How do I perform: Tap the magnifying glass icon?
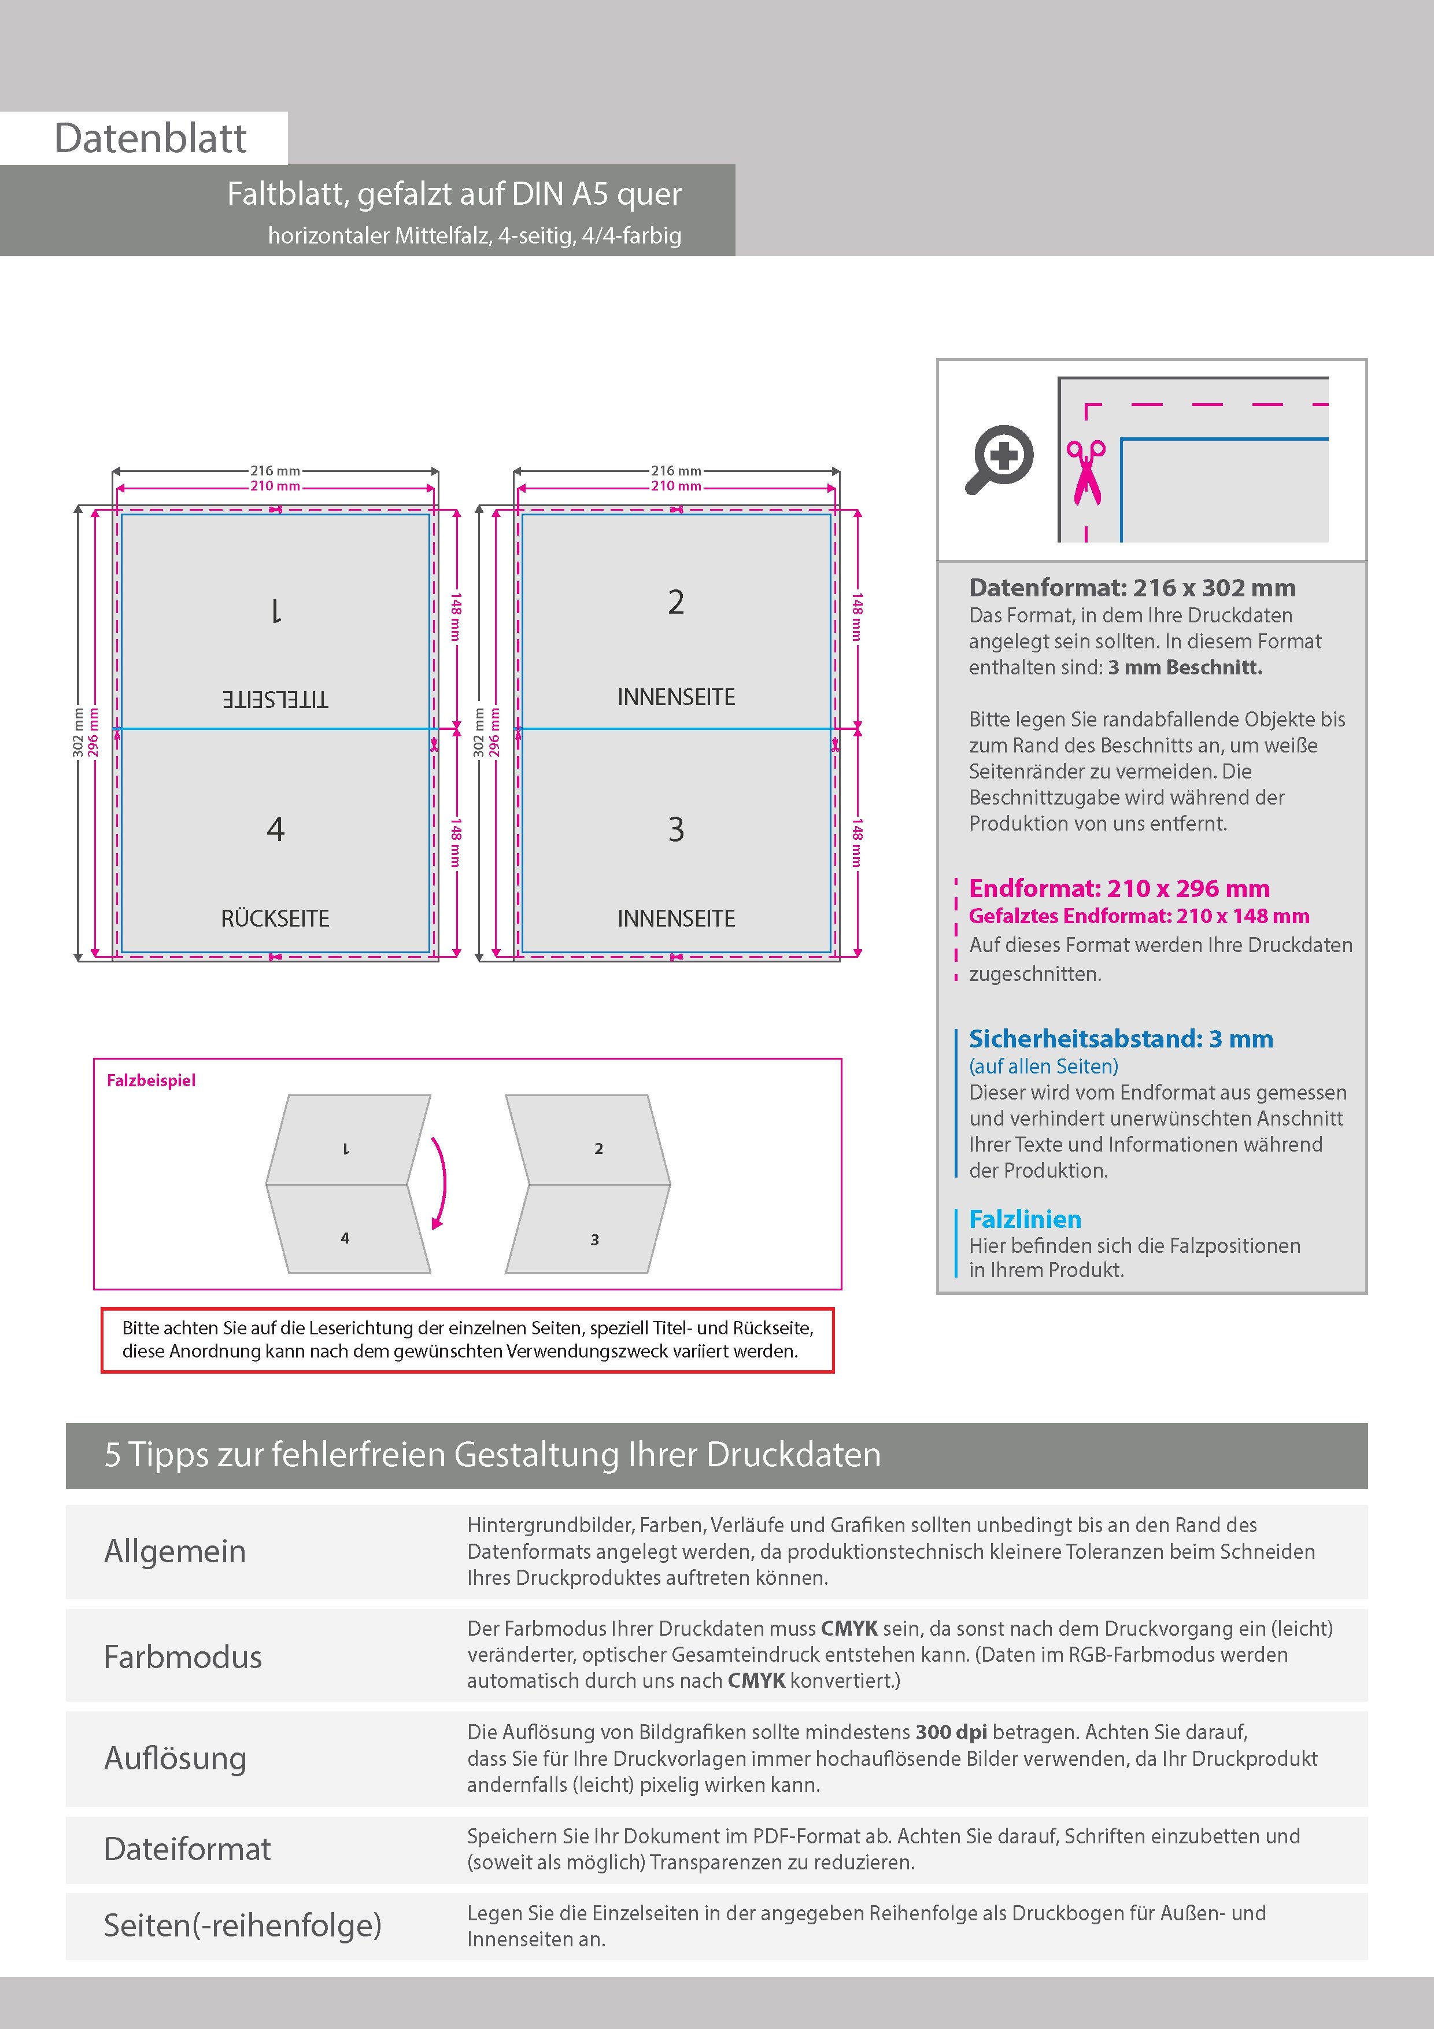pos(999,459)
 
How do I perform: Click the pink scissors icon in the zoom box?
pos(1086,472)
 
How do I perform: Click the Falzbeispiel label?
pos(151,1080)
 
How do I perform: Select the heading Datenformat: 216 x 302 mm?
pos(1132,588)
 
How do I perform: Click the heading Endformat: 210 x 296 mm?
pos(1118,888)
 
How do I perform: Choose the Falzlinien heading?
pos(1025,1219)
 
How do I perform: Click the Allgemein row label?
pos(175,1551)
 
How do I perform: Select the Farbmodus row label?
pos(183,1656)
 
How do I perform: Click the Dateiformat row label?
pos(187,1849)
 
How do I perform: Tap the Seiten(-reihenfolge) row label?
pos(242,1925)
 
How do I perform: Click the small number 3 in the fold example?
pos(594,1240)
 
